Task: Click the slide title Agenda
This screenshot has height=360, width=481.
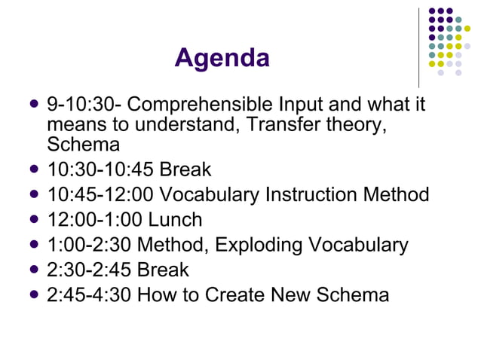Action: pyautogui.click(x=222, y=58)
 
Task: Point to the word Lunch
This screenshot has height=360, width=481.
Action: pyautogui.click(x=175, y=220)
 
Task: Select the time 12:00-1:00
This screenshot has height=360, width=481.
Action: pyautogui.click(x=96, y=220)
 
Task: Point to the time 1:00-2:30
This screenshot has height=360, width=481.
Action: pyautogui.click(x=89, y=245)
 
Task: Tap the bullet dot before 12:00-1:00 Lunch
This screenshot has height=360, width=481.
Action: pyautogui.click(x=32, y=219)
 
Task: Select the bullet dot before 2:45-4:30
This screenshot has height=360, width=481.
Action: pyautogui.click(x=32, y=294)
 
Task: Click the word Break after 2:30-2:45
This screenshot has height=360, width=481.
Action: pyautogui.click(x=164, y=270)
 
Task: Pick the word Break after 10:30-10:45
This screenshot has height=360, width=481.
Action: pyautogui.click(x=186, y=170)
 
